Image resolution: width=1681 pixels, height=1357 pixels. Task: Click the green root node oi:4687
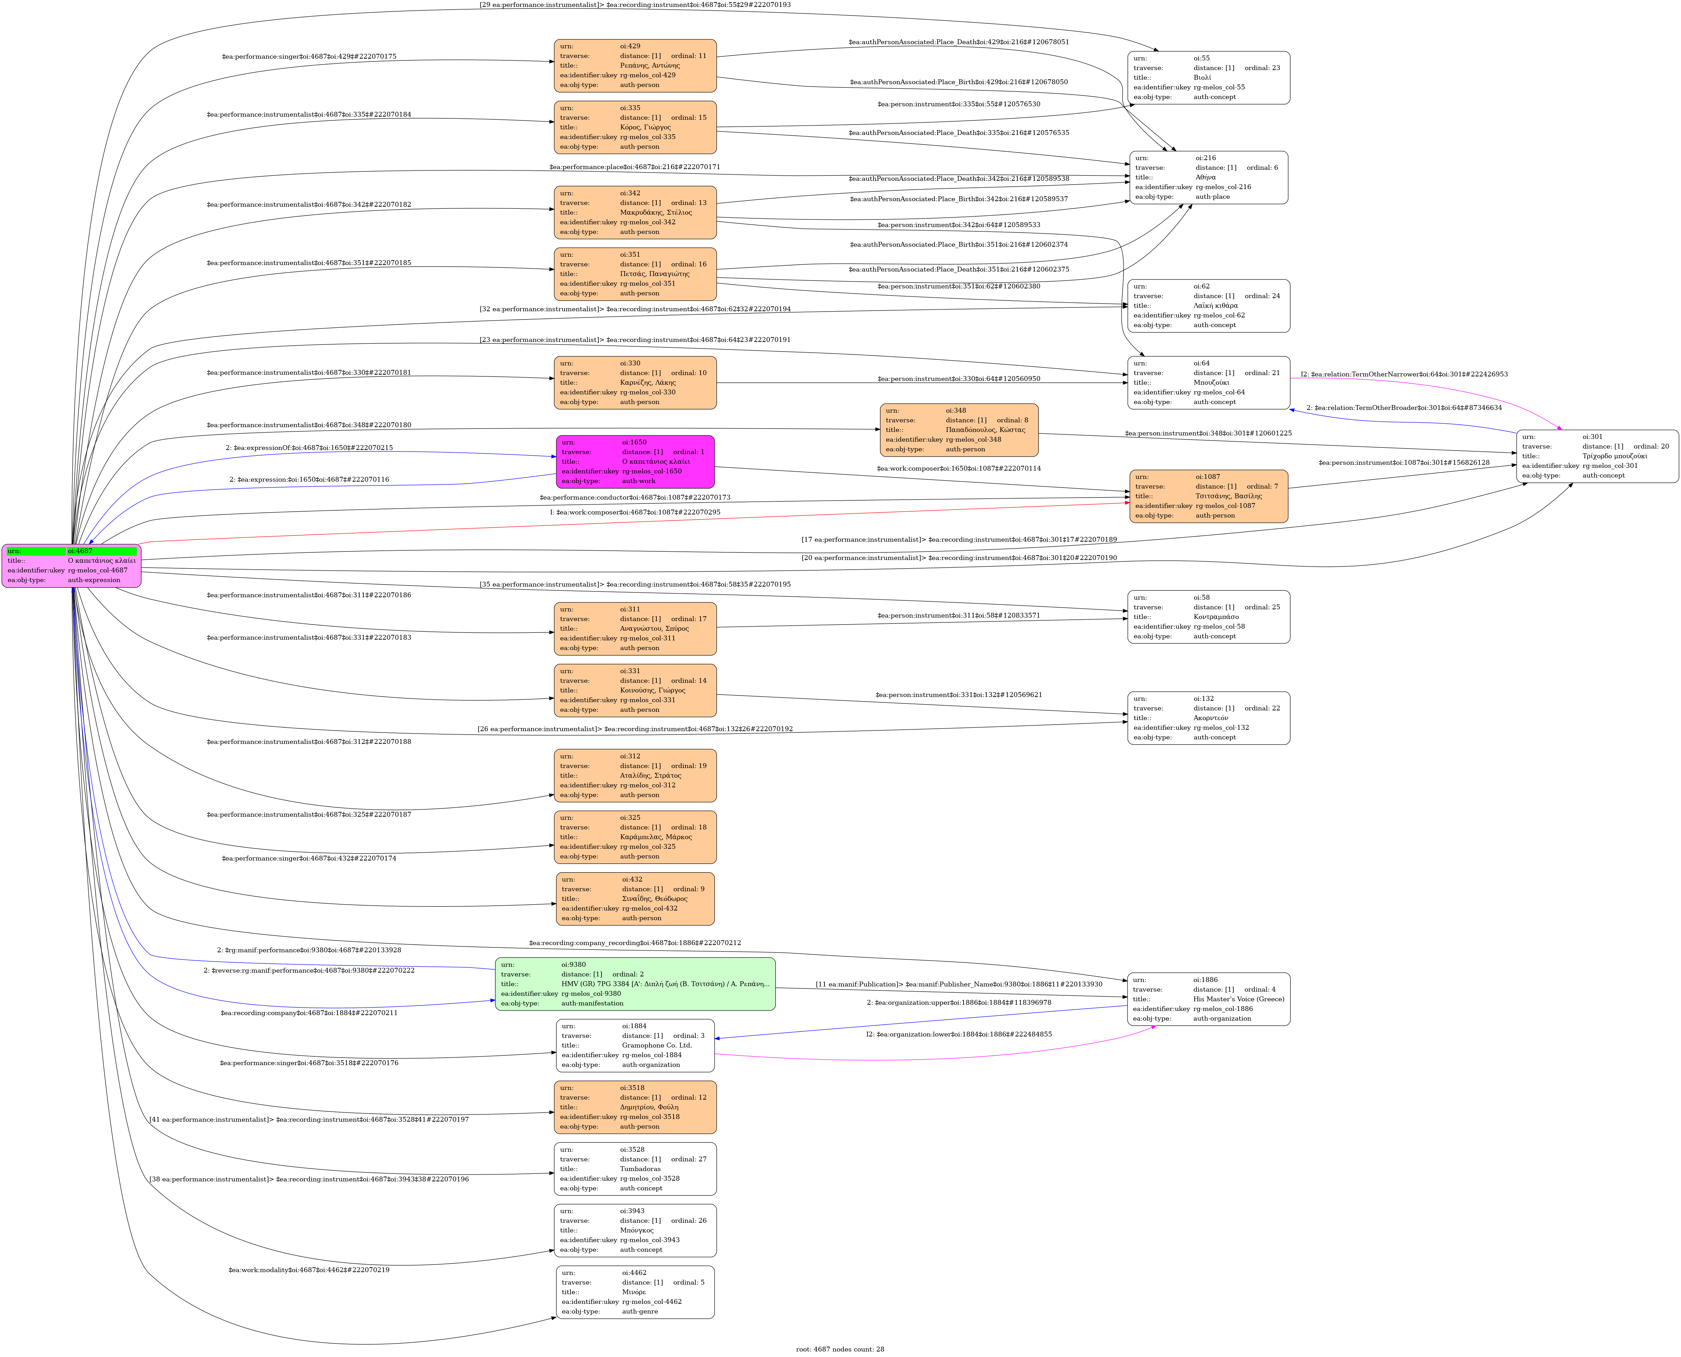click(x=71, y=565)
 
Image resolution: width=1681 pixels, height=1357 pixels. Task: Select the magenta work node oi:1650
click(x=635, y=461)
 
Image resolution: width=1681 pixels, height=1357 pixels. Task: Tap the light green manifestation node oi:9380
click(x=635, y=983)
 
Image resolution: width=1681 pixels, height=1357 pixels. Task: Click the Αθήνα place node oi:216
click(x=1208, y=177)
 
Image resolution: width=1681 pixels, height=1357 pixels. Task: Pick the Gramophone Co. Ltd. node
click(x=635, y=1045)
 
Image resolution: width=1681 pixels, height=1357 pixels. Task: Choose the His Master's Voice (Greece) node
click(x=1208, y=999)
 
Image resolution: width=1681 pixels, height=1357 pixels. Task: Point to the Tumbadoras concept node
click(x=635, y=1169)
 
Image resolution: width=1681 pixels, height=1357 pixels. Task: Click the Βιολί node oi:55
click(x=1208, y=77)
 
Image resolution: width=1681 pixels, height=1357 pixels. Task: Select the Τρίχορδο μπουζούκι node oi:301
click(x=1596, y=456)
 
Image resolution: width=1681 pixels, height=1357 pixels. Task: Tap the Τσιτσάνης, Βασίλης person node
click(x=1208, y=495)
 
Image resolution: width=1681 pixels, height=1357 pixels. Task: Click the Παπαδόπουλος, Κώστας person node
click(x=959, y=430)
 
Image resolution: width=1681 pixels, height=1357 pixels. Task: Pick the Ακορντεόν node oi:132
click(x=1208, y=718)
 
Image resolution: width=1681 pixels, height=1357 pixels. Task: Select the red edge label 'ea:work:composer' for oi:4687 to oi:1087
click(x=635, y=512)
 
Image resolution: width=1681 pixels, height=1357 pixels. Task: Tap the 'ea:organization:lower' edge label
click(x=959, y=1034)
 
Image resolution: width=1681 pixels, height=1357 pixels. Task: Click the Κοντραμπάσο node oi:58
click(x=1208, y=617)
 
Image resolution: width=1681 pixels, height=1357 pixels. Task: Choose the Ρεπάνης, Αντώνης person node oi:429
click(x=635, y=66)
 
